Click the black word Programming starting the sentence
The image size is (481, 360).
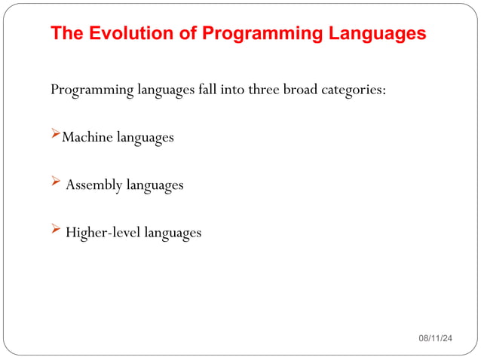(x=92, y=90)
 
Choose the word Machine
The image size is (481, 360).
(x=87, y=137)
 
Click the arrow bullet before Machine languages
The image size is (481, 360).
(x=55, y=135)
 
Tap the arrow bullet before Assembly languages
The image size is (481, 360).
(x=55, y=182)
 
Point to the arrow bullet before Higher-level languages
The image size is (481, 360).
(x=55, y=230)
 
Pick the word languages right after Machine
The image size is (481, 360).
(x=145, y=138)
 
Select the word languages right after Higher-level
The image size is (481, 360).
(x=173, y=233)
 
